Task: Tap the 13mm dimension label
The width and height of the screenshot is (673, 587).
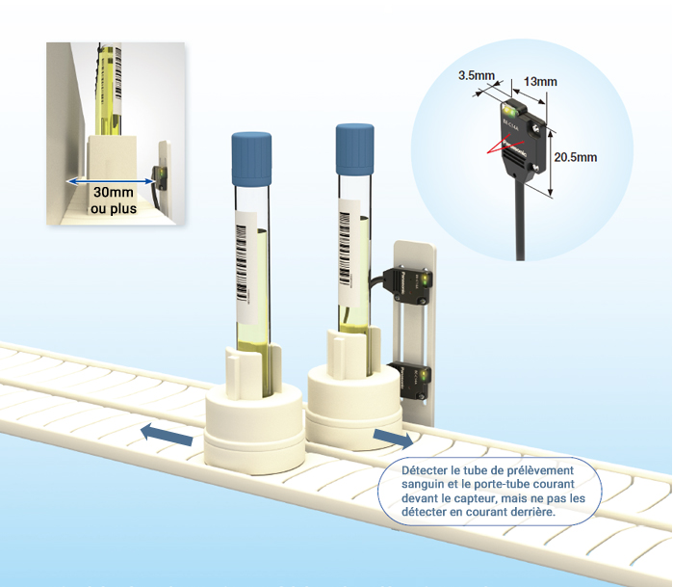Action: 541,81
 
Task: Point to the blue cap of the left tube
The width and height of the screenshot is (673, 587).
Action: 252,159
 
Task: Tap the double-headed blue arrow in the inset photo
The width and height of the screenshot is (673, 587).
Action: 107,180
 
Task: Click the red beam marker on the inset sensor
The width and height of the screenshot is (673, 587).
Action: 498,147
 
